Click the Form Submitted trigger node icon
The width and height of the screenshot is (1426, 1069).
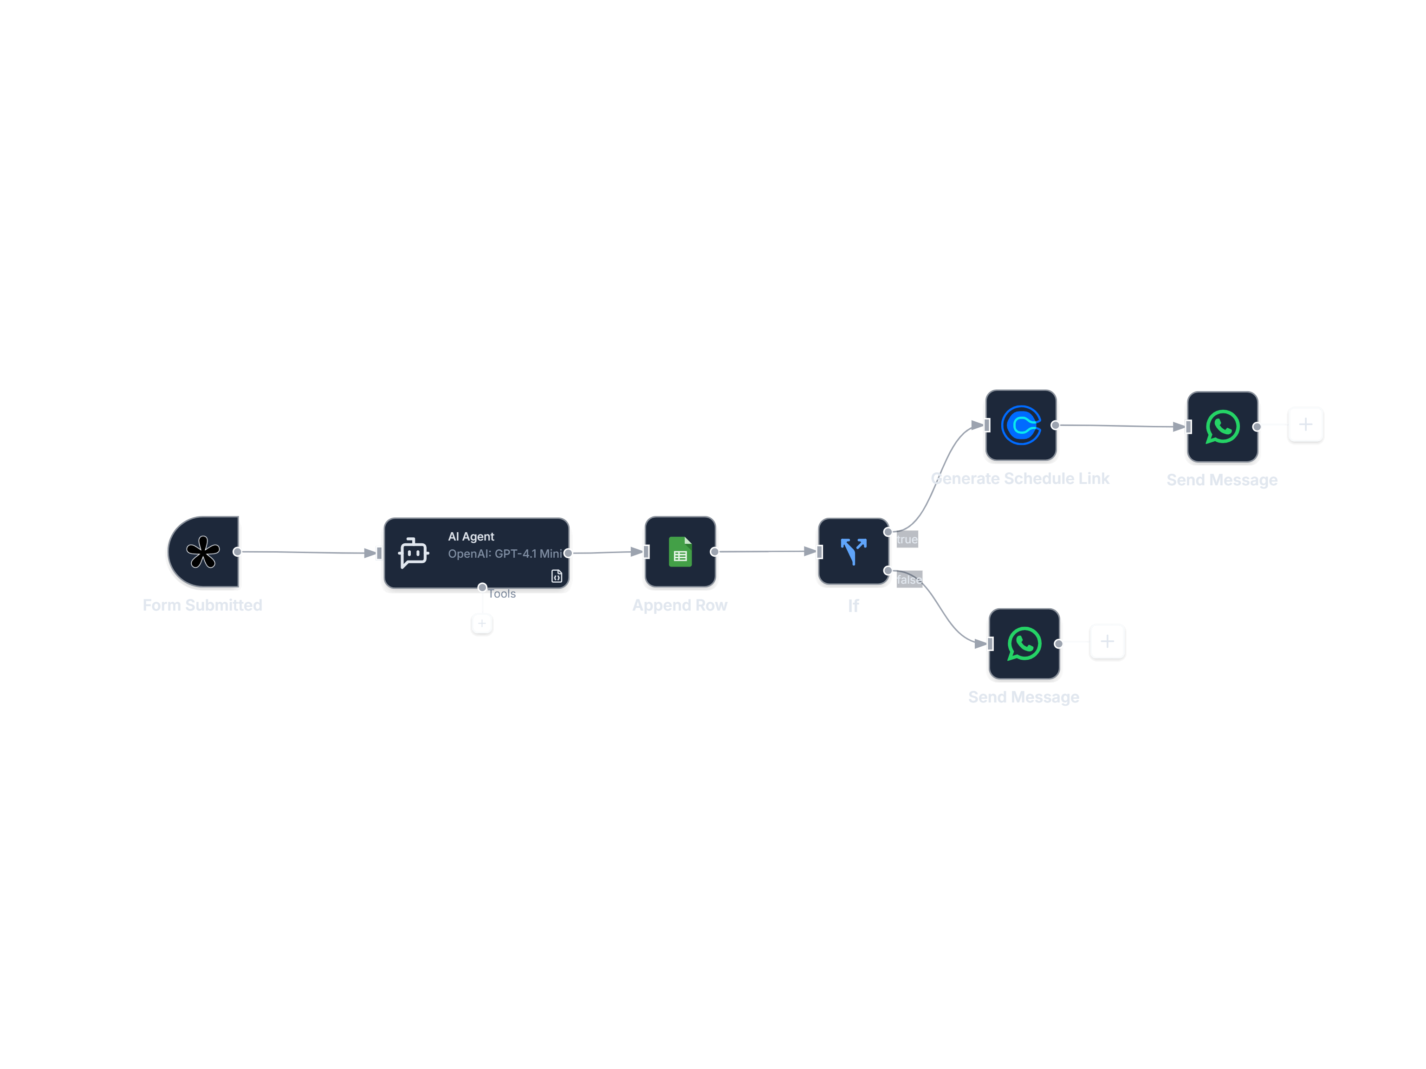click(203, 552)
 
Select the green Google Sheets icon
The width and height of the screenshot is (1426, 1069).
click(680, 552)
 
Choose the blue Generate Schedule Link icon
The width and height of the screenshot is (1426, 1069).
click(1020, 425)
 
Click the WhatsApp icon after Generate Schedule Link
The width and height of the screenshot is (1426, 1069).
click(1222, 426)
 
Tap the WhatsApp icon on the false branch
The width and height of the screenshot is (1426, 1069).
click(1024, 644)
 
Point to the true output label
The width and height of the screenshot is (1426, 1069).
click(907, 539)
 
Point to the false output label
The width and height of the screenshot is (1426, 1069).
click(909, 580)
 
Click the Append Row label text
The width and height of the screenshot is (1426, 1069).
click(680, 605)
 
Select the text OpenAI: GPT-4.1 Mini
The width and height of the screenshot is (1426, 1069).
click(505, 554)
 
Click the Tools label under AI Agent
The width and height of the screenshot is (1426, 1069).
click(502, 594)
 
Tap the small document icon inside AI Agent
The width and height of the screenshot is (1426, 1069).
click(557, 576)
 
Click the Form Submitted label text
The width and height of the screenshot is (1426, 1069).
click(202, 605)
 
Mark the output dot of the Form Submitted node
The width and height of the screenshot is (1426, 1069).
click(237, 552)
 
